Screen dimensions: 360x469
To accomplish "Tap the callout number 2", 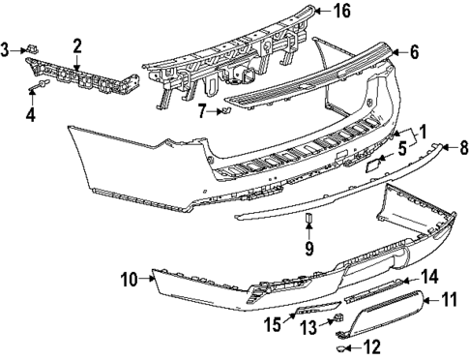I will click(x=75, y=45).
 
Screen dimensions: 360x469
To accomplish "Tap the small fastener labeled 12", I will click(x=344, y=345).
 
